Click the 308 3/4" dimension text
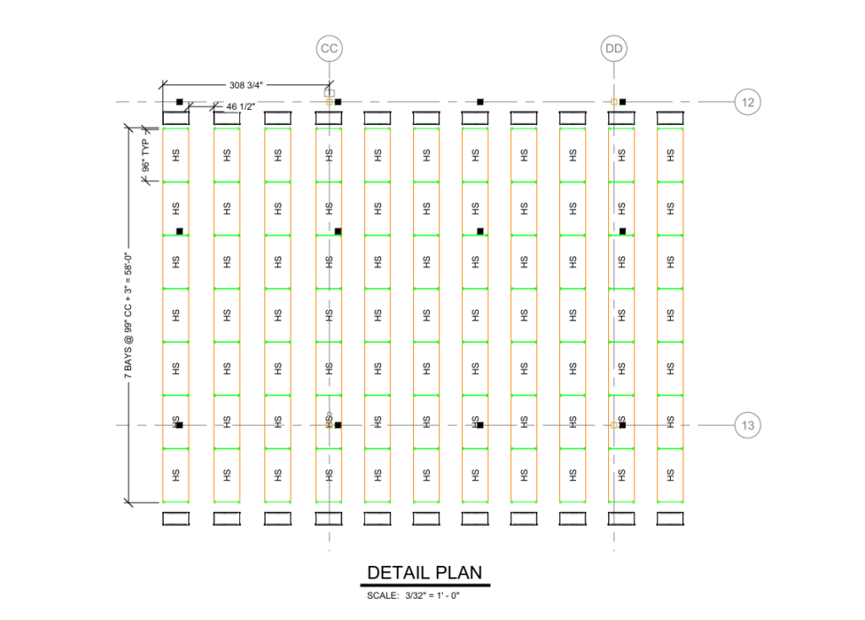pos(246,85)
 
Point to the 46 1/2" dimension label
pos(241,106)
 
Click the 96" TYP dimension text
pos(145,155)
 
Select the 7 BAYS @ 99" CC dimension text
pos(128,316)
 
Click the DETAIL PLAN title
pos(425,573)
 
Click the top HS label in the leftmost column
pos(176,155)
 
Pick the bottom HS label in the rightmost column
pos(670,475)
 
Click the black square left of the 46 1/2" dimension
pos(179,102)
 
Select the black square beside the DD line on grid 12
pos(623,102)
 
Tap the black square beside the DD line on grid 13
pos(623,425)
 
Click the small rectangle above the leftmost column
pos(176,118)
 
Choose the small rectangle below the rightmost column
pos(670,519)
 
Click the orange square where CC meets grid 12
pos(329,102)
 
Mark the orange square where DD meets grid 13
pos(614,425)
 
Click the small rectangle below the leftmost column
pos(176,519)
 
